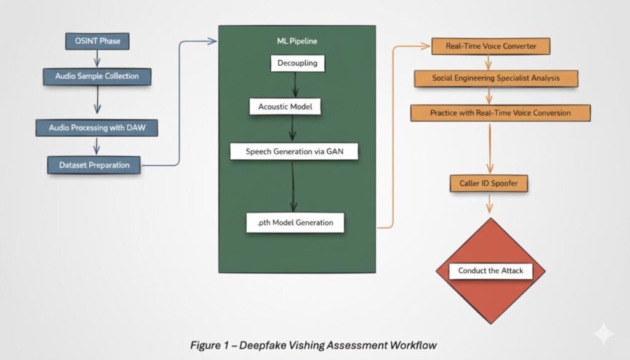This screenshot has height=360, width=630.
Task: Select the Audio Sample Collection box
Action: tap(97, 76)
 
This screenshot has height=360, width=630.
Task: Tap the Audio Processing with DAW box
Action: tap(97, 128)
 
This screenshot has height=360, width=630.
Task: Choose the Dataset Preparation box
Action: tap(94, 165)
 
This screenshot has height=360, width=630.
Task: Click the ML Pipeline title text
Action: tap(297, 41)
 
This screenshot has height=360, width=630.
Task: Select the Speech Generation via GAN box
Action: tap(294, 151)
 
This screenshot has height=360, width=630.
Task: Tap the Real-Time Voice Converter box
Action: tap(490, 47)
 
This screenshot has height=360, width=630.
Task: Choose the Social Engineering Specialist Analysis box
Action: tap(496, 79)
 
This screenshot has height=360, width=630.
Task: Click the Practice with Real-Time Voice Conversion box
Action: tap(500, 113)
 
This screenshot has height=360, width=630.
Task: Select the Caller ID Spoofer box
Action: tap(489, 183)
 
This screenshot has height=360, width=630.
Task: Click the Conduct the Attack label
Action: tap(490, 271)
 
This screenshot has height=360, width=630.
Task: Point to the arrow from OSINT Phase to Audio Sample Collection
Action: tap(97, 59)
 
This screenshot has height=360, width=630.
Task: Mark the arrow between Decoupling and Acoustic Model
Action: tap(295, 84)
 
